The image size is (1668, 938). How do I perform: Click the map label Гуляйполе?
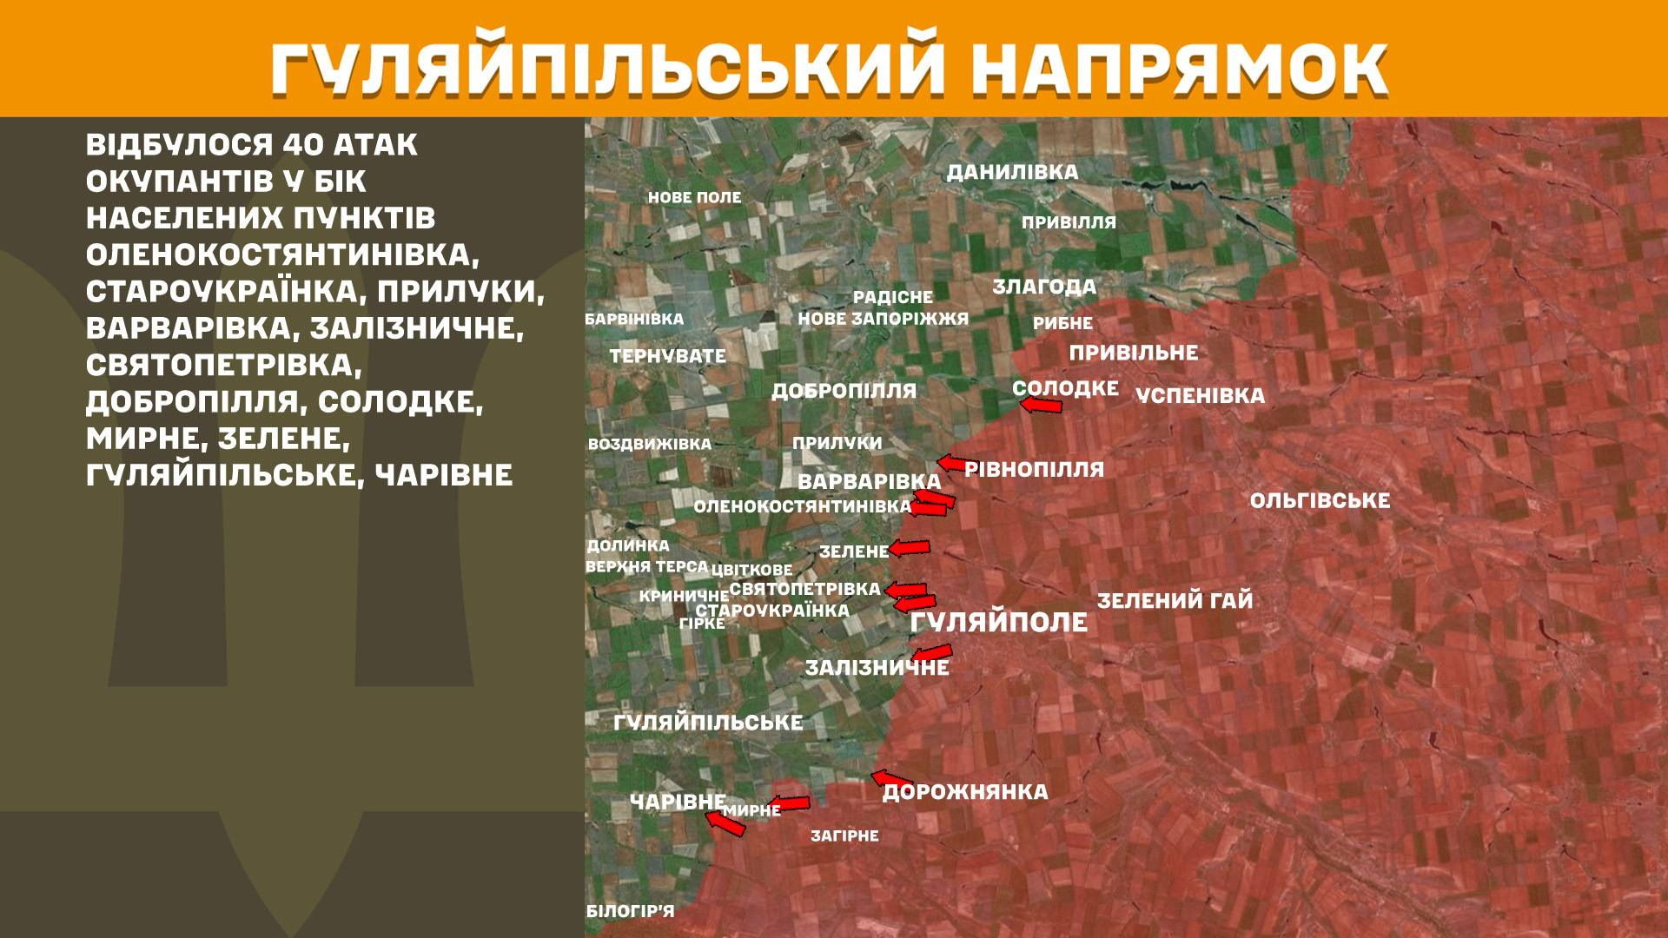pyautogui.click(x=998, y=622)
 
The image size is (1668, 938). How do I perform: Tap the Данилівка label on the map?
pyautogui.click(x=1012, y=172)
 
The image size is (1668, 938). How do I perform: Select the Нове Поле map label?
pyautogui.click(x=694, y=197)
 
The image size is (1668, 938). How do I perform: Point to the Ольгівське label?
pyautogui.click(x=1320, y=500)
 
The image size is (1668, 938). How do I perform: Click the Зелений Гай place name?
pyautogui.click(x=1175, y=600)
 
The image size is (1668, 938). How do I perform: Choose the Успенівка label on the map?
pyautogui.click(x=1200, y=395)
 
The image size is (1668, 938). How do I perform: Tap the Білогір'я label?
pyautogui.click(x=630, y=911)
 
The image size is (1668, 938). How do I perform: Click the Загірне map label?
pyautogui.click(x=844, y=836)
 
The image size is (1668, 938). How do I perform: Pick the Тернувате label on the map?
pyautogui.click(x=667, y=355)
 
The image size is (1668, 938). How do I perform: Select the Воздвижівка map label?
pyautogui.click(x=649, y=444)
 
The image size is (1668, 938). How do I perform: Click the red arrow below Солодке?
pyautogui.click(x=1040, y=405)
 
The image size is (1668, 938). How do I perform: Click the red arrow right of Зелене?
pyautogui.click(x=909, y=548)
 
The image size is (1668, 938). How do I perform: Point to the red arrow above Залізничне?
pyautogui.click(x=931, y=652)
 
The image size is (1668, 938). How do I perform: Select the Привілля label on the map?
pyautogui.click(x=1069, y=222)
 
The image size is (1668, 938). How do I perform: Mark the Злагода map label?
pyautogui.click(x=1044, y=286)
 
